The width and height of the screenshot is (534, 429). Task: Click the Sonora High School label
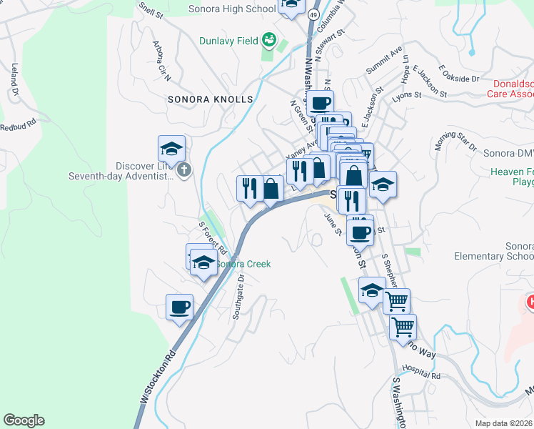tap(232, 9)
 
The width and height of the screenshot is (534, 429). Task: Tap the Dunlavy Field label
tap(228, 41)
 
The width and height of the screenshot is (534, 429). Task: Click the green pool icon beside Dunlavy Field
tap(268, 40)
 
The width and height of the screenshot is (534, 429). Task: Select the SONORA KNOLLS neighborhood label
tap(210, 99)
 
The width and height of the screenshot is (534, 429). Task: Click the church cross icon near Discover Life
tap(183, 170)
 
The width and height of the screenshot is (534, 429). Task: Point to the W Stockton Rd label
tap(158, 378)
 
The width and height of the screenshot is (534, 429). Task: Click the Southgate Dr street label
tap(240, 295)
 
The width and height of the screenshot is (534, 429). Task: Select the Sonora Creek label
tap(243, 264)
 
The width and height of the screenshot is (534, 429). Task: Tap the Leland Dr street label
tap(14, 79)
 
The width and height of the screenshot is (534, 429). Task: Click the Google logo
tap(24, 420)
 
